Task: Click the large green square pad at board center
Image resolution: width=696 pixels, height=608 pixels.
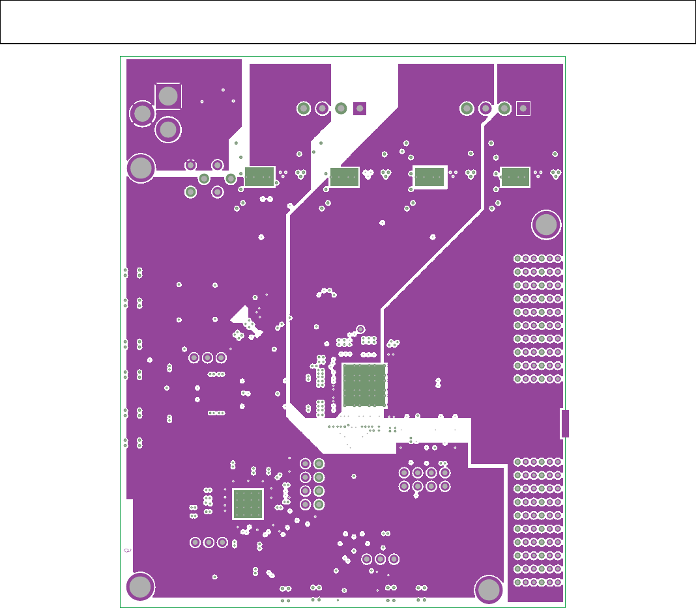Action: point(364,385)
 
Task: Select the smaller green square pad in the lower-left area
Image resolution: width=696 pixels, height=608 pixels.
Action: point(248,504)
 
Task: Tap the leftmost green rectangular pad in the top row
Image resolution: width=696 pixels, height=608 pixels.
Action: point(259,176)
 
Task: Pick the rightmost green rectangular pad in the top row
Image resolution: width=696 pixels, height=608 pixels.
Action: point(515,176)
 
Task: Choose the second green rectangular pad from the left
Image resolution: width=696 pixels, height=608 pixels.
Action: point(344,176)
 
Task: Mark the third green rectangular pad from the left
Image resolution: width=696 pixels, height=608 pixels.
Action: point(429,176)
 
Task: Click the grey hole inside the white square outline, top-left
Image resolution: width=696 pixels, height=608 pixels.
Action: point(168,96)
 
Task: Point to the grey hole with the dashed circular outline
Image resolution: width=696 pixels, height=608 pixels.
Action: point(142,114)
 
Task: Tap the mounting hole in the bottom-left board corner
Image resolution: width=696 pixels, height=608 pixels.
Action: point(140,587)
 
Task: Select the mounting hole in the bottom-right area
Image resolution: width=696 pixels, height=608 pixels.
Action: point(489,590)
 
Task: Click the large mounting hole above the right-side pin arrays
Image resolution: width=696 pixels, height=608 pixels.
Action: point(546,225)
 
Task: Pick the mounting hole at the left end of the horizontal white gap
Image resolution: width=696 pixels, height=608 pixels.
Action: point(140,169)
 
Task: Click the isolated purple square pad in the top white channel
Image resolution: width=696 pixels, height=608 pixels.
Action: point(360,108)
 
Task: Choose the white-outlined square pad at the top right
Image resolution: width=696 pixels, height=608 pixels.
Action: point(523,108)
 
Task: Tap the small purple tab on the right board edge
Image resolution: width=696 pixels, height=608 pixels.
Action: point(565,424)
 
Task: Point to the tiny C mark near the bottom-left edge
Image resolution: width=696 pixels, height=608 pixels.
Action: point(127,551)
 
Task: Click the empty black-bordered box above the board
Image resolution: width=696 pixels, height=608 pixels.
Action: point(348,22)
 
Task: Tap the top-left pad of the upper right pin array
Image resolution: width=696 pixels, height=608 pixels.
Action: point(518,258)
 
